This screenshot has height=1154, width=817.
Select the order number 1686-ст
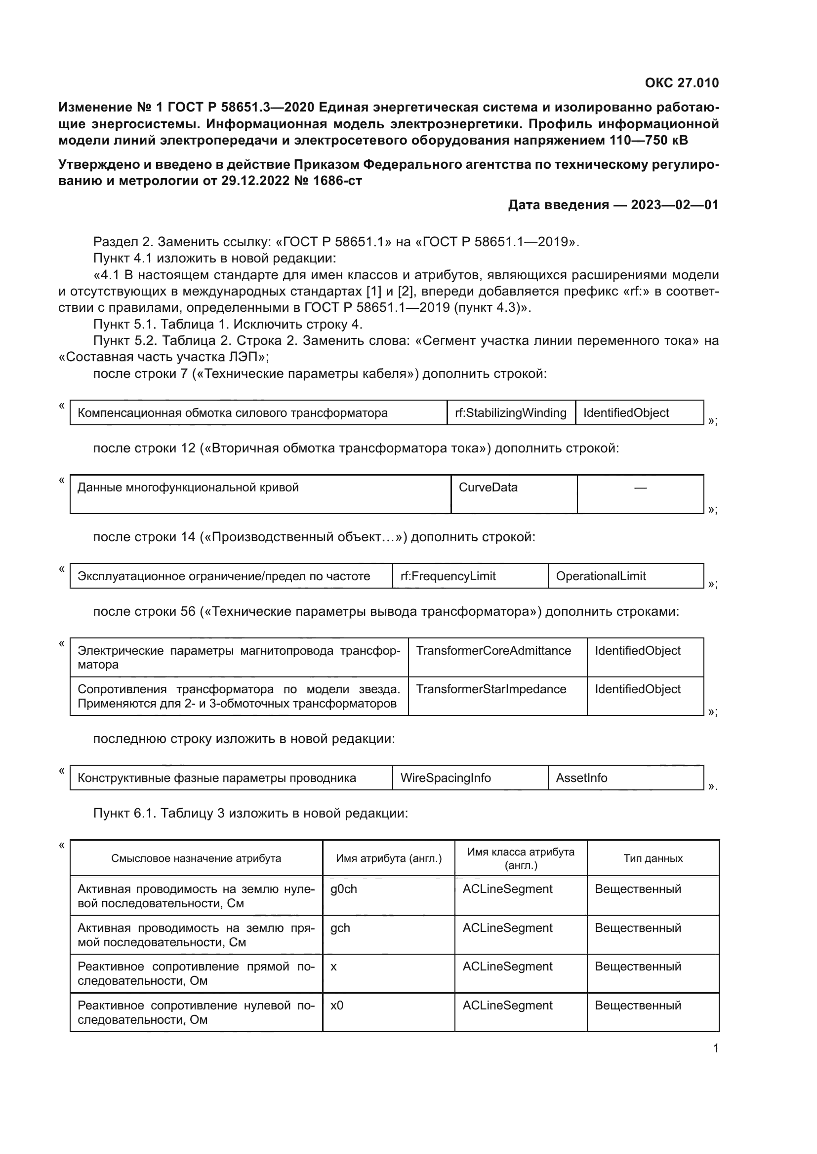(336, 181)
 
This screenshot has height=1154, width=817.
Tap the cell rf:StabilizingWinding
(511, 412)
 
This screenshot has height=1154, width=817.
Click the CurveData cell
(488, 487)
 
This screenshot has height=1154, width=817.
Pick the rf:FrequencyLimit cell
(448, 576)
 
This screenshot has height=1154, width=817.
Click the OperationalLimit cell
(601, 576)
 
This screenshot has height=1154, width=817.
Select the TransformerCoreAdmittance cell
(493, 650)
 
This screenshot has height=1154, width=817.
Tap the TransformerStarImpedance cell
(491, 689)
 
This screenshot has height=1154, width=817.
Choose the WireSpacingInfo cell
(445, 778)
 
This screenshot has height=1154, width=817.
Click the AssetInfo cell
(581, 778)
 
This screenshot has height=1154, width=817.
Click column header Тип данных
(653, 858)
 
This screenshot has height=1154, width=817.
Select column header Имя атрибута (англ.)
(388, 858)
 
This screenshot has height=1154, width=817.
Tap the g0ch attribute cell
(344, 889)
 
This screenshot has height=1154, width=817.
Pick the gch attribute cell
(340, 928)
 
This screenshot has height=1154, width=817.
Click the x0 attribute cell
(336, 1005)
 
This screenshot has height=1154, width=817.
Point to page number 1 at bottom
(715, 1048)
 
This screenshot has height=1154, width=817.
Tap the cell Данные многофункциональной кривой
(188, 487)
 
